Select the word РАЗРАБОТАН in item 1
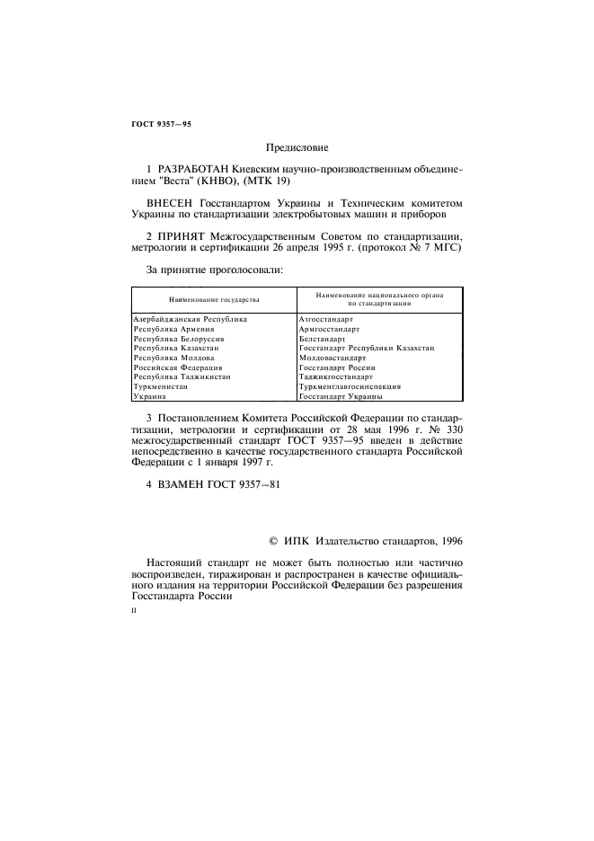(192, 168)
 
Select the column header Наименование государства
(214, 298)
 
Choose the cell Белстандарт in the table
(322, 339)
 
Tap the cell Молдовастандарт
(332, 358)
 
